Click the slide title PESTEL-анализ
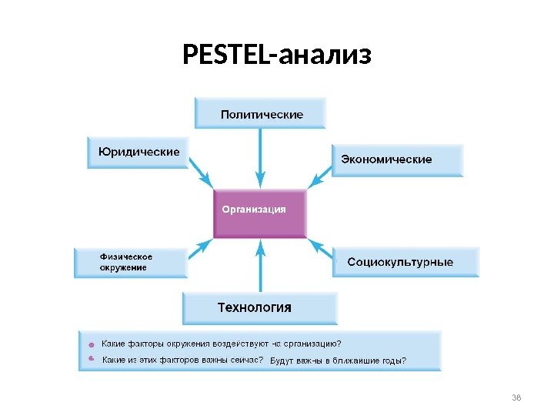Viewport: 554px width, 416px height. (x=277, y=55)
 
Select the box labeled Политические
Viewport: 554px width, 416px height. (x=262, y=113)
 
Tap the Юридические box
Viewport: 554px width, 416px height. (x=138, y=152)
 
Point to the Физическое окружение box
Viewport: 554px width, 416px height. (x=131, y=262)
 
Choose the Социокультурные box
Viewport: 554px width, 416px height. (x=405, y=262)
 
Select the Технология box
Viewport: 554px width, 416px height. (x=259, y=307)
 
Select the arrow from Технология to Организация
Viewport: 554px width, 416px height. (x=262, y=266)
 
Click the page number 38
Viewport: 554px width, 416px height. (x=516, y=397)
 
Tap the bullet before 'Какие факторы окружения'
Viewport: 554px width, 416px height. (x=90, y=345)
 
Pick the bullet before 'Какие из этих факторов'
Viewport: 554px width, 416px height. (x=90, y=359)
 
